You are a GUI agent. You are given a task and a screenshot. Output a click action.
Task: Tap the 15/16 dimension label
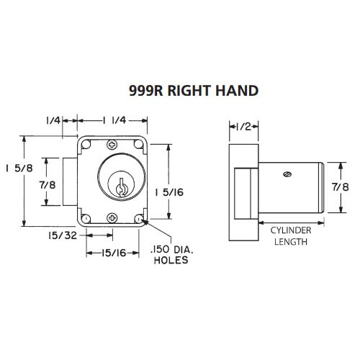114,252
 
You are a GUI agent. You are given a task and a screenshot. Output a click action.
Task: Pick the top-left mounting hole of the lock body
86,143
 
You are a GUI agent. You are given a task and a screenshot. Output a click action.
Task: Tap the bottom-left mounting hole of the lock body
86,218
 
